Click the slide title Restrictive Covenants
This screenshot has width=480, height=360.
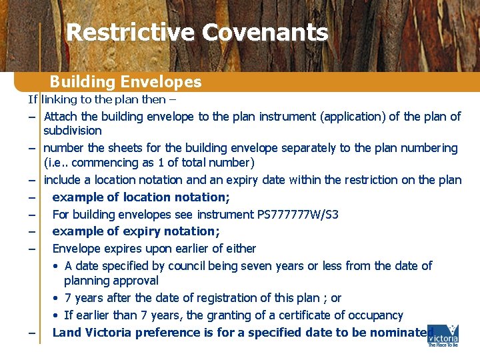click(x=197, y=32)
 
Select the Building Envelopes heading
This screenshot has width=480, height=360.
click(x=125, y=82)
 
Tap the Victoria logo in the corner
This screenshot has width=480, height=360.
click(x=443, y=336)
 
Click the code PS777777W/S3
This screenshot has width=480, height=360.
click(x=297, y=214)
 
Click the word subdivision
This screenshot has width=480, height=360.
click(x=73, y=131)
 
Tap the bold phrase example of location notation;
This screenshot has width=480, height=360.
click(x=141, y=197)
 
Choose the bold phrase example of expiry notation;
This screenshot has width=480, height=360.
click(x=136, y=231)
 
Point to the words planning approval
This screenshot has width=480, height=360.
click(x=111, y=281)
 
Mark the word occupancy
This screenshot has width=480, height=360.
click(x=375, y=315)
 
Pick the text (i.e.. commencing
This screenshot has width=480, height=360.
click(x=82, y=163)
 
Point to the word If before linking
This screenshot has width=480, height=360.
click(x=32, y=99)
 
